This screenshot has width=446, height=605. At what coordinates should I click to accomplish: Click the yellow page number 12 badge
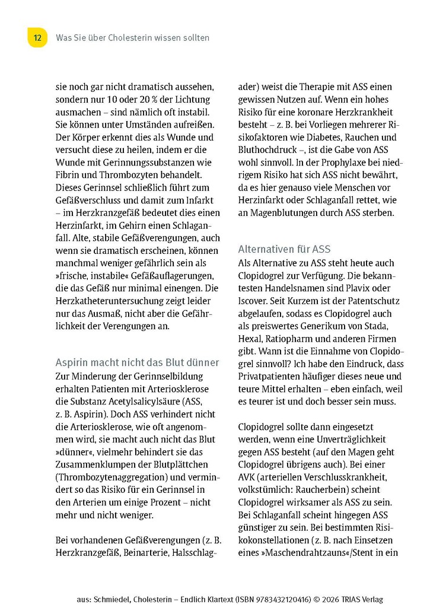pos(37,38)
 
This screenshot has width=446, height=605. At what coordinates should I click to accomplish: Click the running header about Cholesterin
pos(132,38)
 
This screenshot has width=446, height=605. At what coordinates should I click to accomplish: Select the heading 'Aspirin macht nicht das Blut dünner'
pos(137,362)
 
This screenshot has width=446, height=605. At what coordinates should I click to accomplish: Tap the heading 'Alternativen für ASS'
pos(292,249)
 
